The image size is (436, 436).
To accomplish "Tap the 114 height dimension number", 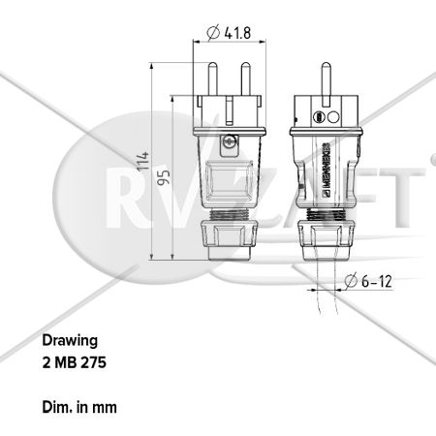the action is coord(143,161).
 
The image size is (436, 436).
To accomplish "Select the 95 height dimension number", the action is coord(164,177).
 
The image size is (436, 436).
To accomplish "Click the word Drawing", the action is coord(70,341).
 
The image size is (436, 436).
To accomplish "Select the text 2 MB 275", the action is coord(75,362).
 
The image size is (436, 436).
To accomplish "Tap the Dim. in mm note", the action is coord(79,407).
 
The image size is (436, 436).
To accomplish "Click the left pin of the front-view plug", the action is coord(212,78).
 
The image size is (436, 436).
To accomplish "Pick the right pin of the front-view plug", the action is coord(245,78).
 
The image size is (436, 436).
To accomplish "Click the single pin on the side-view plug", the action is coord(326,84).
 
